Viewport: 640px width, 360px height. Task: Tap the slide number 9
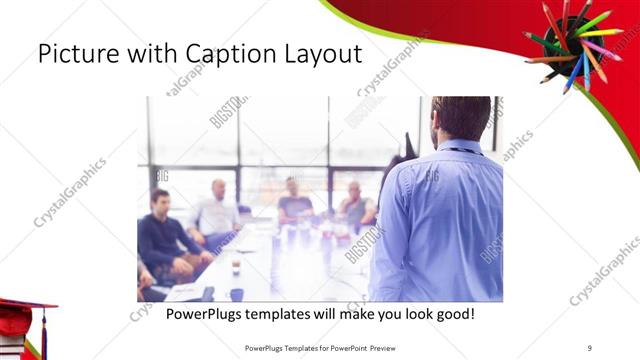590,348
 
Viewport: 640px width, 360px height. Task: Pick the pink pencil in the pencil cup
604,49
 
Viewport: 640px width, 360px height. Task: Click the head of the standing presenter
461,116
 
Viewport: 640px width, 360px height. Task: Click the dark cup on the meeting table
236,294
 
